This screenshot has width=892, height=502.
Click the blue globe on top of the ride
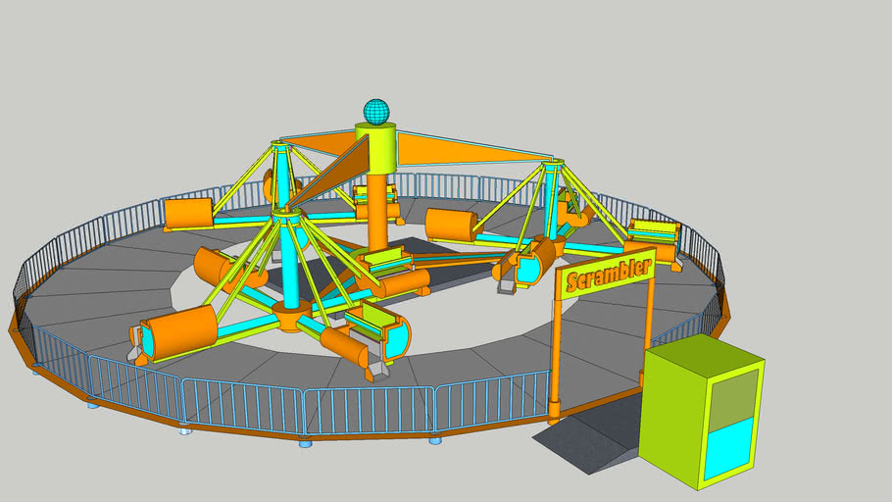(376, 111)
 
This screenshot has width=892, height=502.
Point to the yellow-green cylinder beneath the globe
(375, 146)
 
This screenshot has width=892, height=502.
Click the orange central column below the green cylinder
(377, 211)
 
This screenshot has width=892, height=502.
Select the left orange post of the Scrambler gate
(556, 354)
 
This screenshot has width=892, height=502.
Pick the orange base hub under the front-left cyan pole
(291, 316)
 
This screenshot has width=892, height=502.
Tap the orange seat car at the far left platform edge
(189, 213)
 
